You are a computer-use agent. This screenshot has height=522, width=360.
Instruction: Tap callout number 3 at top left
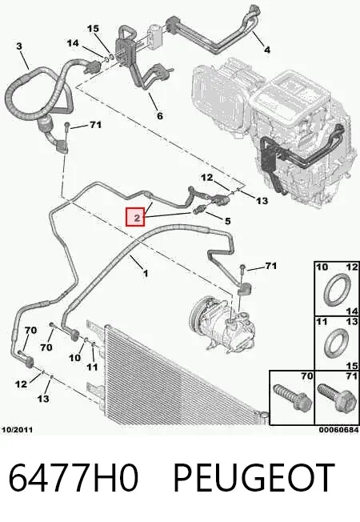click(x=19, y=46)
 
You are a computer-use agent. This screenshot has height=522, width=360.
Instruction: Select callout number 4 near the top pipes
click(x=267, y=50)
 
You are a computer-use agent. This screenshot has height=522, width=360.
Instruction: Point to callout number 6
click(x=160, y=116)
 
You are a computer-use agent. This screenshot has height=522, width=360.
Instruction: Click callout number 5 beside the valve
click(x=227, y=221)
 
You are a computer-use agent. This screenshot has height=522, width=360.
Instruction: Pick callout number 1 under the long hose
click(x=145, y=274)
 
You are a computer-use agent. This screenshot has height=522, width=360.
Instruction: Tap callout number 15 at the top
click(x=93, y=29)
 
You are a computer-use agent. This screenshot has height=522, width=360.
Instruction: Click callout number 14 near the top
click(x=73, y=43)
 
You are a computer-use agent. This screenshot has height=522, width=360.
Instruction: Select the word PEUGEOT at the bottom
click(x=254, y=477)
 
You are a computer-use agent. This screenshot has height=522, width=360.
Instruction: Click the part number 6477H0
click(x=73, y=477)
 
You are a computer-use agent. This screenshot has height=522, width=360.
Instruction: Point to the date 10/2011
click(x=18, y=430)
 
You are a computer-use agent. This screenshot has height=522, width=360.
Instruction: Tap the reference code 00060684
click(x=338, y=430)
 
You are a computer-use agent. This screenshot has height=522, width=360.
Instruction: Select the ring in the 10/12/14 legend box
click(x=337, y=289)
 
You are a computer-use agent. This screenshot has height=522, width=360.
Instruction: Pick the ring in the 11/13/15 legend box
click(x=336, y=343)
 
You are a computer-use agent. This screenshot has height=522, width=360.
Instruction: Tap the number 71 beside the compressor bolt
click(x=271, y=266)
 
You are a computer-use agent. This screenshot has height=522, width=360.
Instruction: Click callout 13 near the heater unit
click(x=262, y=201)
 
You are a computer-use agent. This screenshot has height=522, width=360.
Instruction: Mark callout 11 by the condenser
click(x=92, y=367)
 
